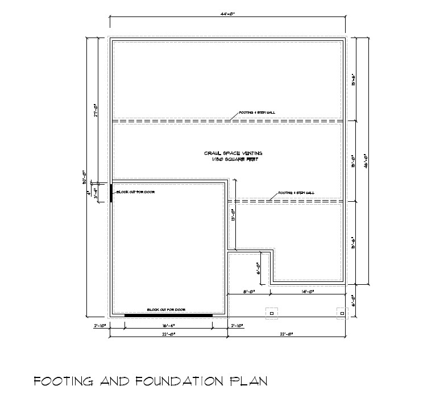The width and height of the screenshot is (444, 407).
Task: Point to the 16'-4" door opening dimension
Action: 168,326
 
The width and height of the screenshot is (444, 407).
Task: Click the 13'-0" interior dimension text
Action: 234,214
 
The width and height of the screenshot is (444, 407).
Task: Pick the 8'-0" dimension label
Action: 248,291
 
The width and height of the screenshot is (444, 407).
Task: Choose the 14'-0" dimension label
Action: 307,291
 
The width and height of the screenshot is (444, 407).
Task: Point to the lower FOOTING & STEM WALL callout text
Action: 296,193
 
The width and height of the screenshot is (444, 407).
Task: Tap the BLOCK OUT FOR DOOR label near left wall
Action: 136,192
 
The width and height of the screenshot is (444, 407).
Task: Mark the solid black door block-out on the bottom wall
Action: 168,315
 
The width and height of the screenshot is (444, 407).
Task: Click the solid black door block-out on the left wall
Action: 111,192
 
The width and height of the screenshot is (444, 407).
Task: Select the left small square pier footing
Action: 271,313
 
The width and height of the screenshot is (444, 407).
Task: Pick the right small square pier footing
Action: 342,313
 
